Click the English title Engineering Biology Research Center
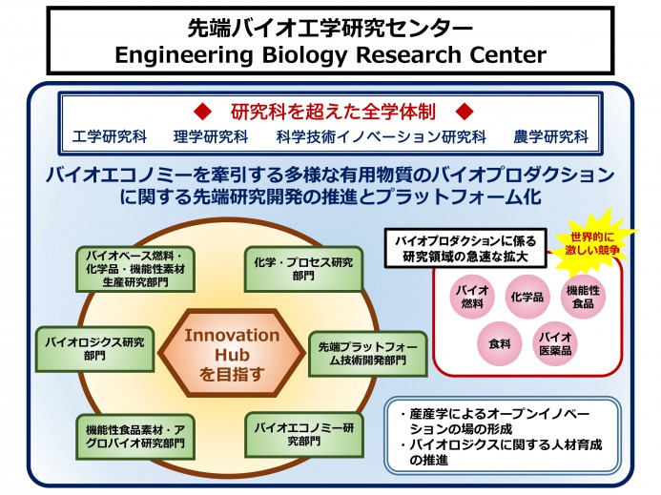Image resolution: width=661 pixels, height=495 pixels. point(330,54)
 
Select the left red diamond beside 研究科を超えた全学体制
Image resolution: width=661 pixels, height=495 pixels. point(202,112)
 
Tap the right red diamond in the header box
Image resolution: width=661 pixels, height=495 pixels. point(465,112)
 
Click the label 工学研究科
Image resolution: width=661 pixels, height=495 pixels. point(110,137)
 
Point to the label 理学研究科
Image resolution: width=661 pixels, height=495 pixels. point(211,137)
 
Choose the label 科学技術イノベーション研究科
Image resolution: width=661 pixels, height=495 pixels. point(382,137)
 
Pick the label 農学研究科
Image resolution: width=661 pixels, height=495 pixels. point(551,137)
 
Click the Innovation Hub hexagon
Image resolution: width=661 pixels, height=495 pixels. point(232,353)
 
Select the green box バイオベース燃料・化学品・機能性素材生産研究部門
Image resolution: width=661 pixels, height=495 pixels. point(135,269)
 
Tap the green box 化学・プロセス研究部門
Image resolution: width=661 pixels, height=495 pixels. point(303,269)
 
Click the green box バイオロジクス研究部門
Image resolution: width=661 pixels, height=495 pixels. point(94,349)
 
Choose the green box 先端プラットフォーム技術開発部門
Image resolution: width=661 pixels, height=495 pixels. point(367,354)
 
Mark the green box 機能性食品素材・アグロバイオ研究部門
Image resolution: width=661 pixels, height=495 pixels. point(135,437)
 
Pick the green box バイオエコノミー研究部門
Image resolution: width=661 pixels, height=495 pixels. point(304,435)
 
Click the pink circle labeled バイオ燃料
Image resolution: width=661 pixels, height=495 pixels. point(472,297)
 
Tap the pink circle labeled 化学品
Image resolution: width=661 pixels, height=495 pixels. point(527,297)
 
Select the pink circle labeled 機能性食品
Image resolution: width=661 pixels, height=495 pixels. point(583,297)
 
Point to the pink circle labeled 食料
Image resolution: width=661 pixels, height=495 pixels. point(500,343)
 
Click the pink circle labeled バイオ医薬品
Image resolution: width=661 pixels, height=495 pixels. point(555,343)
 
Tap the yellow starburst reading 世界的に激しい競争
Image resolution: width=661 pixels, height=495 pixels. point(592,243)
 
